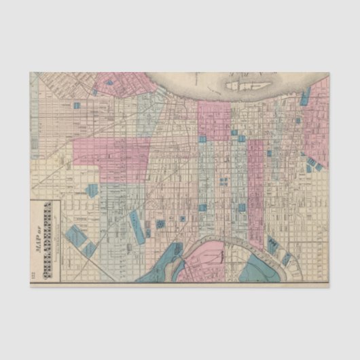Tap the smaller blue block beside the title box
90,249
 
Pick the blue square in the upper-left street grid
77,105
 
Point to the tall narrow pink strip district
255,183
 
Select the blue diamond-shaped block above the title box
92,190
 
